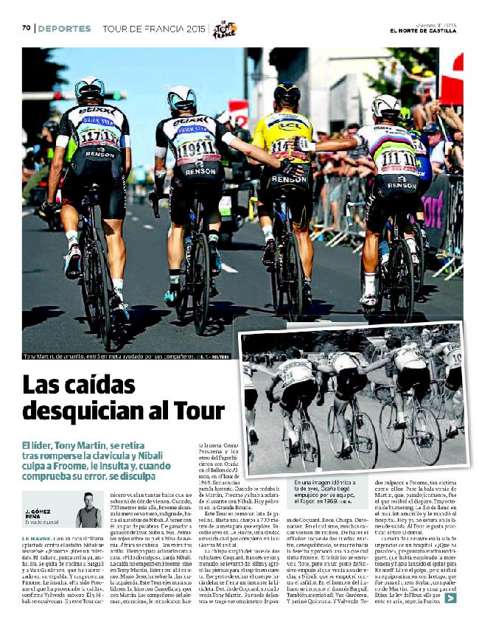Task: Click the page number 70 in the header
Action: click(x=25, y=29)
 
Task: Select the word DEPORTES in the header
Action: click(x=64, y=29)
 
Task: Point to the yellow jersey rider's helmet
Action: click(x=287, y=94)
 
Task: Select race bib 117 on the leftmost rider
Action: click(x=98, y=137)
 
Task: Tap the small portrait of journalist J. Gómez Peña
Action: click(x=89, y=509)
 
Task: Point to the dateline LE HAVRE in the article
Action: click(x=36, y=540)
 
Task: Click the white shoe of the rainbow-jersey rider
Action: click(x=368, y=299)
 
